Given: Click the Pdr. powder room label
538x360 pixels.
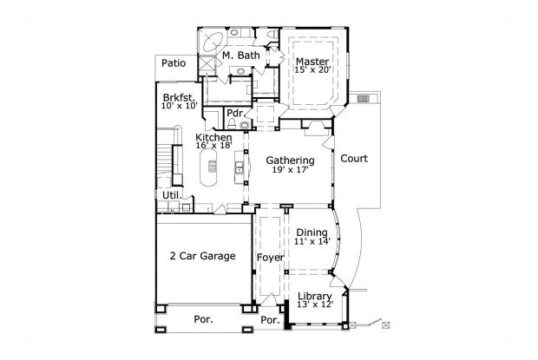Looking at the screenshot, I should coord(234,113).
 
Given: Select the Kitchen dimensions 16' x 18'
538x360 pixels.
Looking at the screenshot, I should coord(213,147).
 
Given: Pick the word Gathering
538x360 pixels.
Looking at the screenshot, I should coord(290,160).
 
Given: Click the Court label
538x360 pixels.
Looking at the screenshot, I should coord(354,159).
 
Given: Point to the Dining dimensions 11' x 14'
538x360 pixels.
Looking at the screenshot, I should coord(312,243).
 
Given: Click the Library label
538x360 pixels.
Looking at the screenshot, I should coord(314,297).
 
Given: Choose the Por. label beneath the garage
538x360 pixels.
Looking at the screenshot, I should coord(203,319).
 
